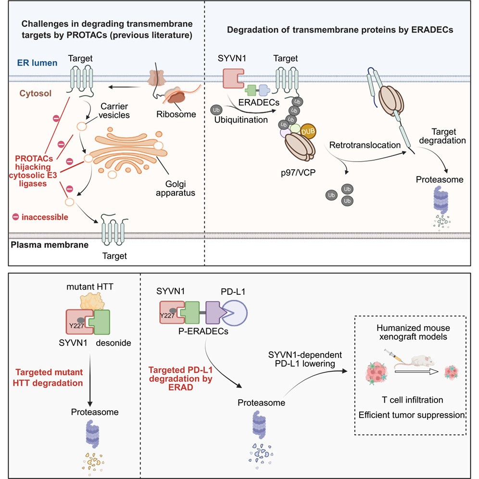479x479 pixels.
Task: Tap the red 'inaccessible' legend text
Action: coord(44,217)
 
